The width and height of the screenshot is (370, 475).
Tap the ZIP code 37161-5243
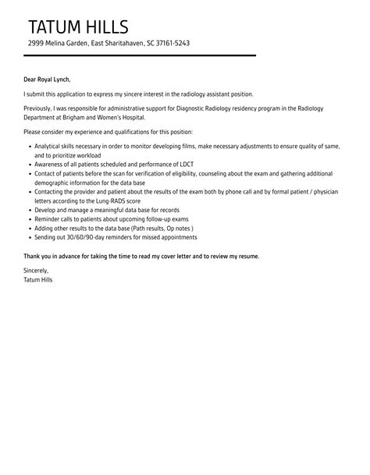point(170,44)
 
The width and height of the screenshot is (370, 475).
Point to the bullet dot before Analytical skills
point(29,145)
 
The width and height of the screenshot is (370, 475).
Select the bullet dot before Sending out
point(29,237)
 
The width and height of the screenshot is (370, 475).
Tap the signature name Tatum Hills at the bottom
point(39,279)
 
